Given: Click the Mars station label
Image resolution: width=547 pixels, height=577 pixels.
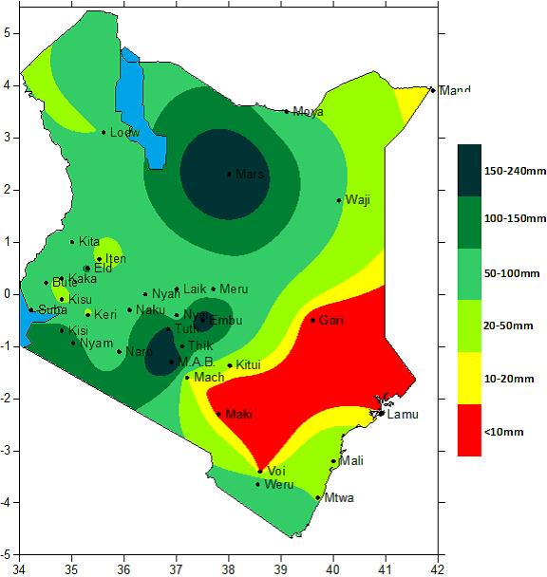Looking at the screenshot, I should coord(250,175).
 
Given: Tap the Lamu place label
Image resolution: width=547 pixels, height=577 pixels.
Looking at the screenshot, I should coord(401,415).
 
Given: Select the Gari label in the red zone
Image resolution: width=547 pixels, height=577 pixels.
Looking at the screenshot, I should coord(331,321).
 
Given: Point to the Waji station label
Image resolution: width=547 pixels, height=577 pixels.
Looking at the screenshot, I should coord(357,200).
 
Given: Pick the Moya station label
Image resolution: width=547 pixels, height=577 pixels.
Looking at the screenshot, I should coord(308,112).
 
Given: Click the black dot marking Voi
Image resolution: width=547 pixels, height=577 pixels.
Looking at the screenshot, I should coord(260,471).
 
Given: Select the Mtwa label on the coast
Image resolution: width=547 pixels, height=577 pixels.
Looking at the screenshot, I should coord(339,497).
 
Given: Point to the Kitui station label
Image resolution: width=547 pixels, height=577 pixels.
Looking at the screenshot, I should coord(248,365).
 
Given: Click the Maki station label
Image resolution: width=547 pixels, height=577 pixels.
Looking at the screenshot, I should coord(239,415).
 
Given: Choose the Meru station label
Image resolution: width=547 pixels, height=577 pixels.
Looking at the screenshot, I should coord(234,289).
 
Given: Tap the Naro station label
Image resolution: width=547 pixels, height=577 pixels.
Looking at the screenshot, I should coord(139,352).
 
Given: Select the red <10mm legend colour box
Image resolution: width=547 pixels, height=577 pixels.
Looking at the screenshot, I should coord(470,431).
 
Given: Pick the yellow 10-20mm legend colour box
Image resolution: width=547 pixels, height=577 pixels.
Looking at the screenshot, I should coord(470,379).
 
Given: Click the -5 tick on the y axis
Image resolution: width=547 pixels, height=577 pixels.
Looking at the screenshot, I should coord(6,554).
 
